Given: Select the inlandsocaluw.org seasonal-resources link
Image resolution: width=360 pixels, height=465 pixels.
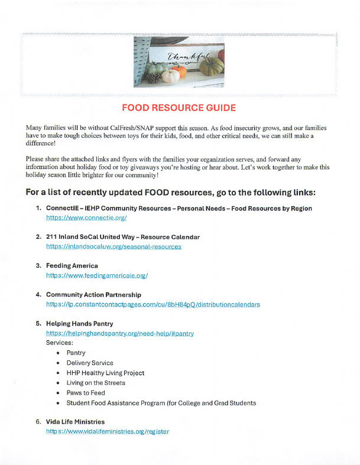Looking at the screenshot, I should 113,246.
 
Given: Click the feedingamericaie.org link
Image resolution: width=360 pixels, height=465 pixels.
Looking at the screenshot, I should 97,275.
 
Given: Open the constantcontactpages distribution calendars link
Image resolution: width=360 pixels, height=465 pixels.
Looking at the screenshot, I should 153,304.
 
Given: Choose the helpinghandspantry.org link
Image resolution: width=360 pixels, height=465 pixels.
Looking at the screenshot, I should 120,333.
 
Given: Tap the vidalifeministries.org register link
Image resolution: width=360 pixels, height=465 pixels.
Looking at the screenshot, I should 108,431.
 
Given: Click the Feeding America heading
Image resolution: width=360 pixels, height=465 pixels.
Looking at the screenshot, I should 72,266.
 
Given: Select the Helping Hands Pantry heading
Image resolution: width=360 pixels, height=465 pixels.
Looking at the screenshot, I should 79,324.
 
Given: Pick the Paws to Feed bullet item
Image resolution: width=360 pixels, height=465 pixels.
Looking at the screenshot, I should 86,393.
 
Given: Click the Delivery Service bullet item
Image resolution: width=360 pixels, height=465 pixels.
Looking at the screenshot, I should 90,363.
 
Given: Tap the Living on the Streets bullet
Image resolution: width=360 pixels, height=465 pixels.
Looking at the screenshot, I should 96,383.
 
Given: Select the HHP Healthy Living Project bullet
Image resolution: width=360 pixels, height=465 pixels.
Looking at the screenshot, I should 105,373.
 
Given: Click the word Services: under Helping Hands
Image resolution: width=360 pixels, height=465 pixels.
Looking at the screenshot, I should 60,343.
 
